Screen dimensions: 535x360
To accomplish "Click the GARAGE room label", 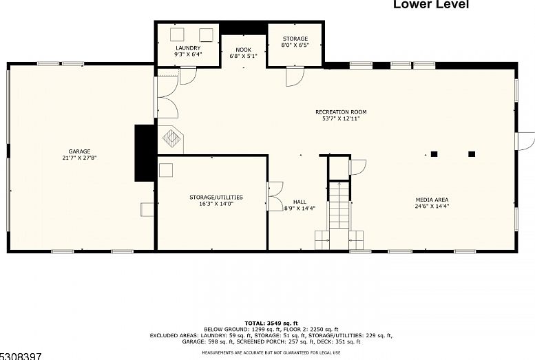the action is (x=79, y=151).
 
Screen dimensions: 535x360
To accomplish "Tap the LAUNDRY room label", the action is (x=188, y=48).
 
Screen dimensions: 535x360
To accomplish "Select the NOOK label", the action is (x=243, y=50).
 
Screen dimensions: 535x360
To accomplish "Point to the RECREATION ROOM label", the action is (x=341, y=112).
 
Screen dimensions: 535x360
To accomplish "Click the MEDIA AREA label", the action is (x=432, y=200).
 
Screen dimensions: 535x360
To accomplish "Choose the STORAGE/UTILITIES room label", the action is (x=216, y=198).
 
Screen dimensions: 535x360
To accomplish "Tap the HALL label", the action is (x=300, y=202).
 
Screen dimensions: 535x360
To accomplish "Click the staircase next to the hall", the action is (x=339, y=205).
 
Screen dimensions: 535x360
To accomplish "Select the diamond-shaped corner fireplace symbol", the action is (x=171, y=138).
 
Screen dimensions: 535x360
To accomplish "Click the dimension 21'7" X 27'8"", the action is (x=79, y=158).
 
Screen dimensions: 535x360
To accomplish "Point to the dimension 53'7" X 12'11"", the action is (x=341, y=118).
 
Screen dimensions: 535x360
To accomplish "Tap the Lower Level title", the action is (x=431, y=4).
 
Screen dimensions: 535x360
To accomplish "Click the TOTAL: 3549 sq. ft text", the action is (x=271, y=323).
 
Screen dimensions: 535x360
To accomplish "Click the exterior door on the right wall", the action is (x=525, y=140).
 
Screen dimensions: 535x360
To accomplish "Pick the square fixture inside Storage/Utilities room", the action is (x=166, y=170).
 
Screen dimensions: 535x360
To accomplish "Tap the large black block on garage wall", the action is (x=145, y=153).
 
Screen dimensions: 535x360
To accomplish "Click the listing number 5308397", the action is (x=21, y=357).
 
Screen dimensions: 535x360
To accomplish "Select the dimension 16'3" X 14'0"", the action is (x=216, y=204).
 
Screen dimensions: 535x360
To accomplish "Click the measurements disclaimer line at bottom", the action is (x=271, y=352).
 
